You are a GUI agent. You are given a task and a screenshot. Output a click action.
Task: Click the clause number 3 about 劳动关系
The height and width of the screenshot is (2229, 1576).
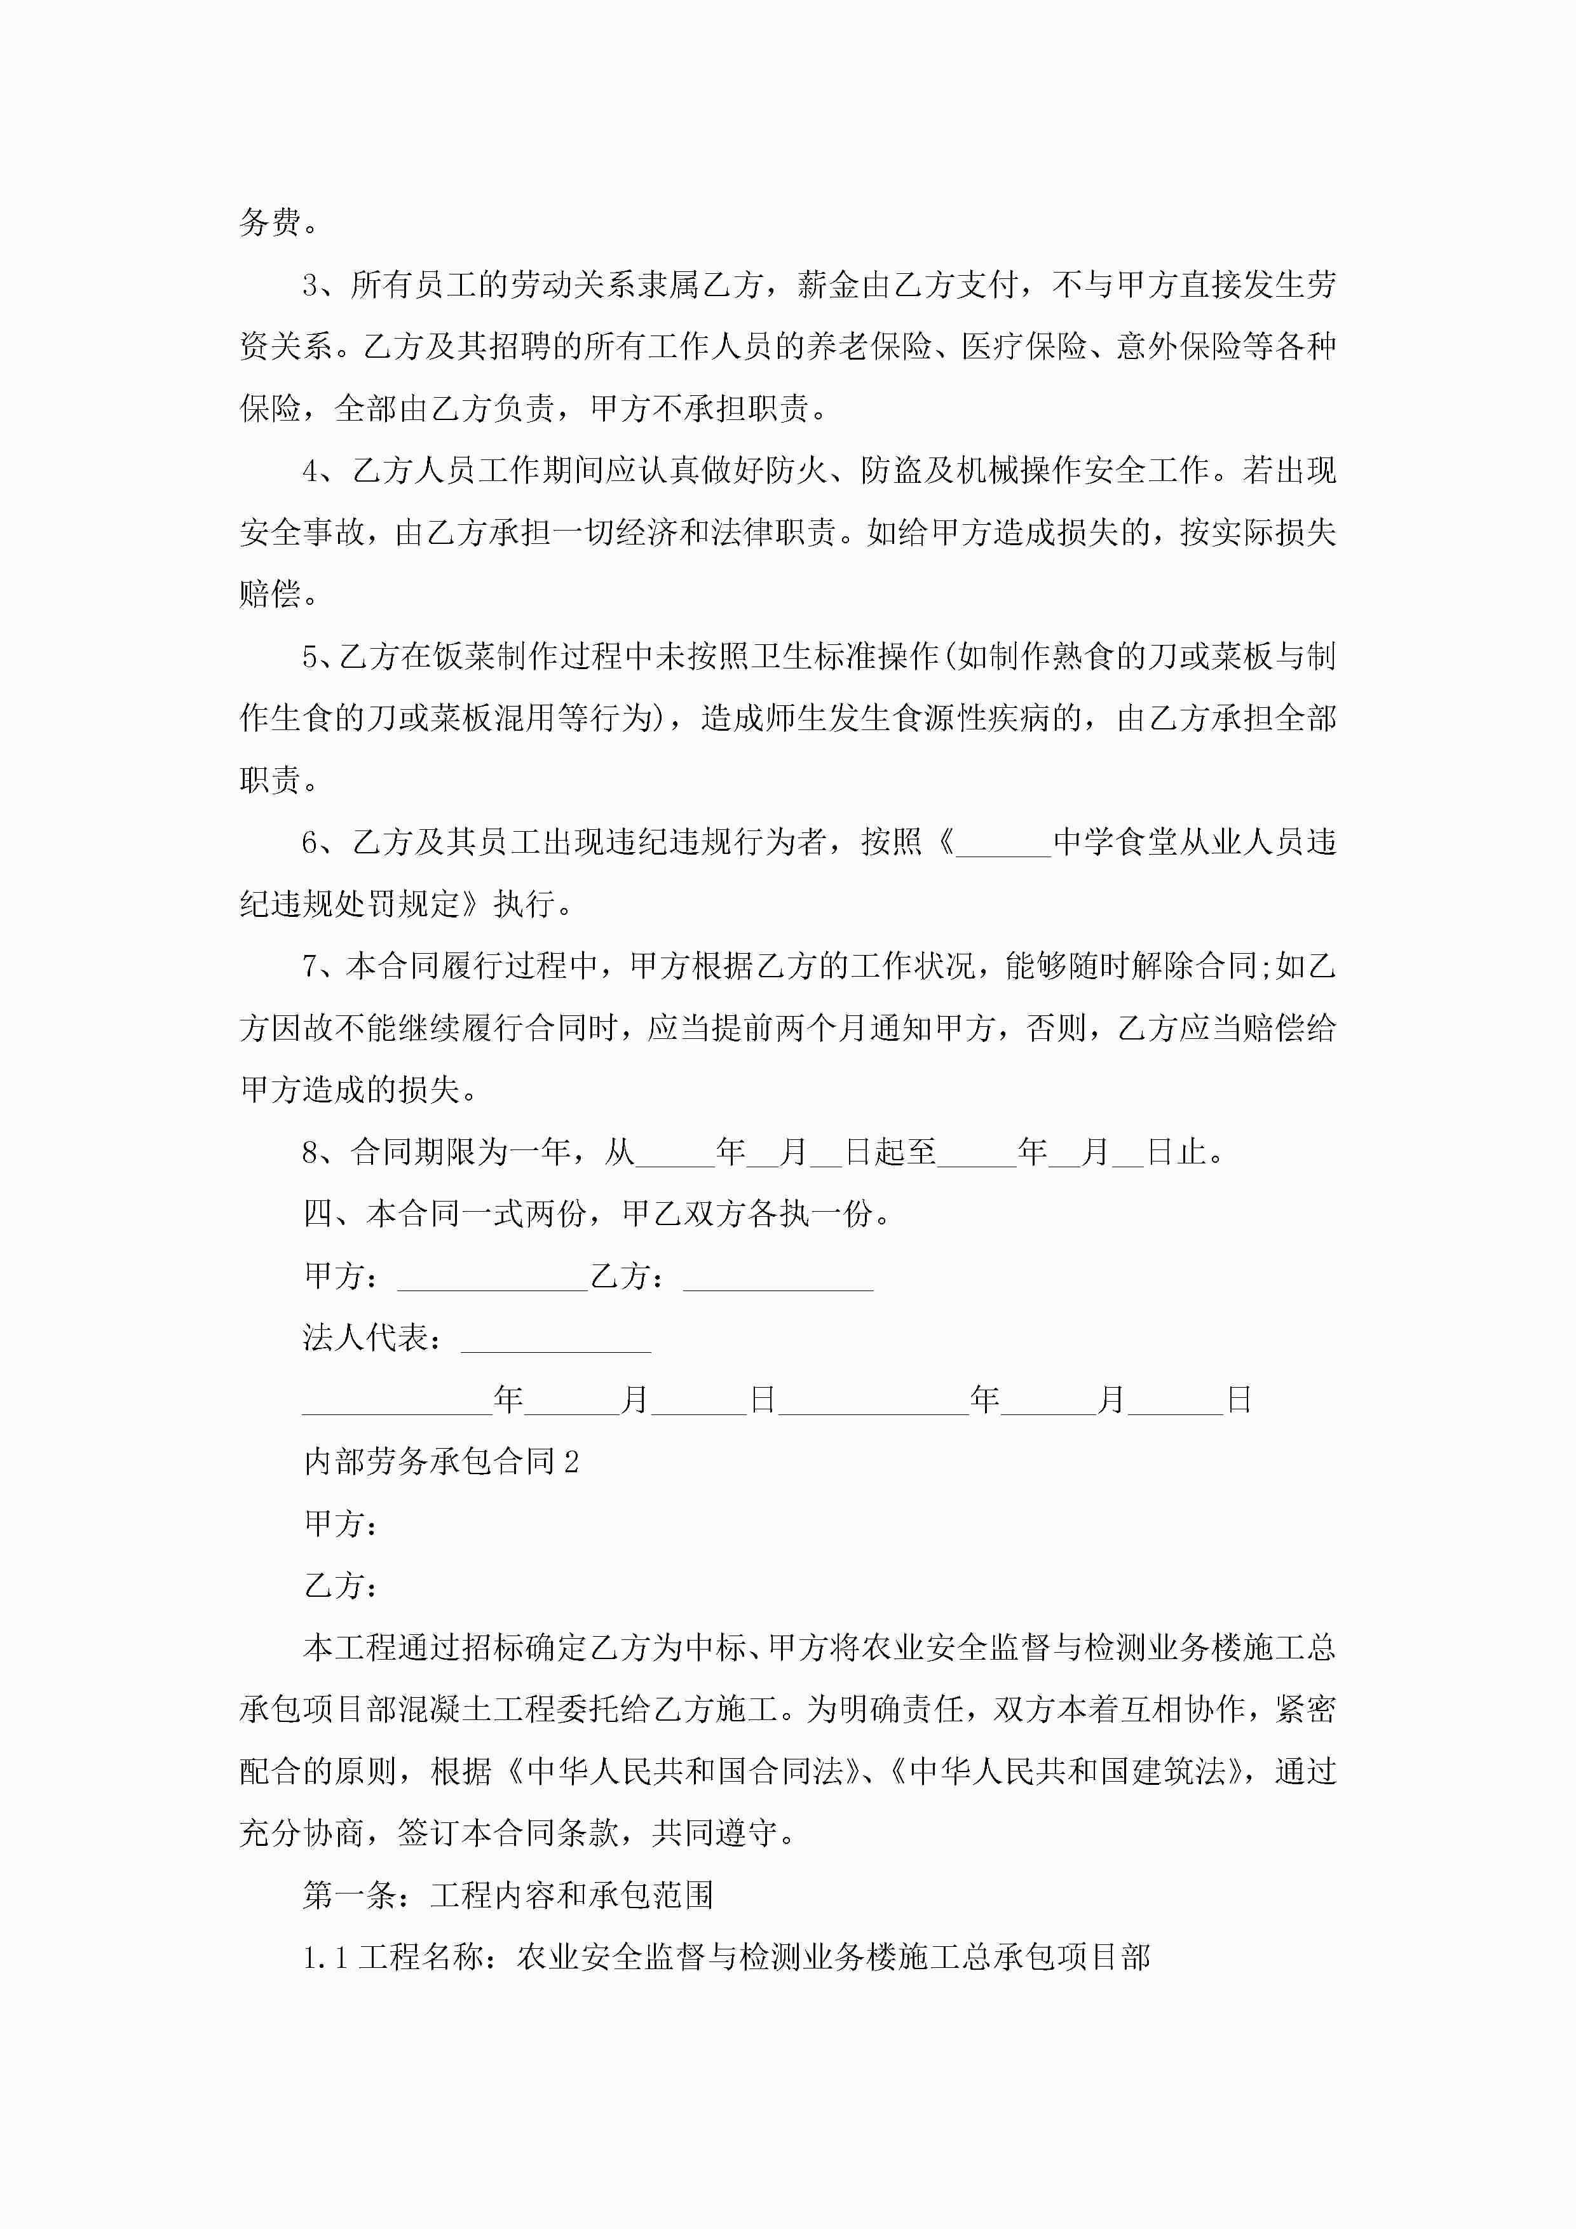[x=311, y=285]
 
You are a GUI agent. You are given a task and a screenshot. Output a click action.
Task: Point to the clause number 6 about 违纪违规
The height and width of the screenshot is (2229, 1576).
[x=311, y=843]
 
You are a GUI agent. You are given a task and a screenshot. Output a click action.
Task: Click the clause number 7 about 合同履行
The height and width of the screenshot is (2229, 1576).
[x=311, y=967]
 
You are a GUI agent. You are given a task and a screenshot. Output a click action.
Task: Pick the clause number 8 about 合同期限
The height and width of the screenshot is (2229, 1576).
[x=311, y=1153]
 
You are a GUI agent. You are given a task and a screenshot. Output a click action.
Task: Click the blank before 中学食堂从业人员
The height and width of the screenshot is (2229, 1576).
[x=1003, y=843]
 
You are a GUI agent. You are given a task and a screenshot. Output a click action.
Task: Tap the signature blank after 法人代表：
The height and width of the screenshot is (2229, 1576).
[x=555, y=1339]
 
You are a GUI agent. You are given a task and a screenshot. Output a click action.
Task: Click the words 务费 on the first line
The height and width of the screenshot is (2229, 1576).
[x=270, y=223]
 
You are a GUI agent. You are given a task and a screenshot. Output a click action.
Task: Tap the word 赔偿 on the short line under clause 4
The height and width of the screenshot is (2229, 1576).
[x=270, y=595]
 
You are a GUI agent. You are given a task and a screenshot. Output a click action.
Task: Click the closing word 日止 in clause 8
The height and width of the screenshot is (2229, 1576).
[x=1176, y=1153]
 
